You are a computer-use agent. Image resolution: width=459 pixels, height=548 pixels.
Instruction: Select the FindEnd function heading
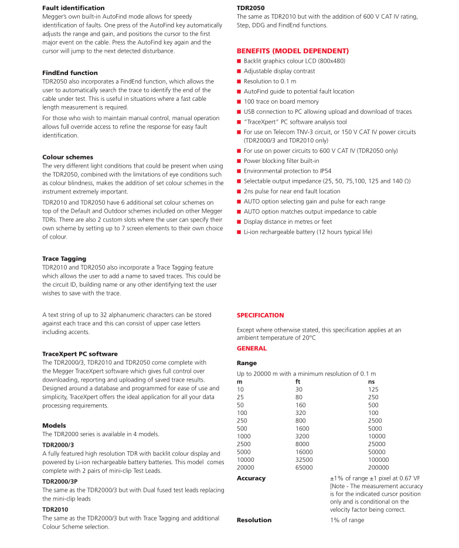[x=70, y=73]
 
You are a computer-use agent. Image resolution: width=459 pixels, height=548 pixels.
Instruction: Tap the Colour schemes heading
[x=67, y=157]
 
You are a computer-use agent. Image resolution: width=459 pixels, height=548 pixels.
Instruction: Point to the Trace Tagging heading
[x=64, y=258]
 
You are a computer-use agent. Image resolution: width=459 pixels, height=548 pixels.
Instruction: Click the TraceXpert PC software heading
[x=80, y=354]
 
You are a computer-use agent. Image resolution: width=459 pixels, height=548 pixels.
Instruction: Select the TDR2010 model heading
[x=55, y=510]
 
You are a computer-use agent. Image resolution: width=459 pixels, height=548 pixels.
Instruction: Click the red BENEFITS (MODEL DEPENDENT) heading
[x=293, y=51]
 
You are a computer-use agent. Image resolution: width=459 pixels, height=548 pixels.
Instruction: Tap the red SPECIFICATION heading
[x=260, y=315]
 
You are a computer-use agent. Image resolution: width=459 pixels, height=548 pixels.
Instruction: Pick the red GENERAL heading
[x=251, y=349]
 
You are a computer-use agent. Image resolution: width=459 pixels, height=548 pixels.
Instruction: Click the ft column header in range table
[x=298, y=382]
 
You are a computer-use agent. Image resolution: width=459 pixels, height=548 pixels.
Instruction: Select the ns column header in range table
[x=371, y=382]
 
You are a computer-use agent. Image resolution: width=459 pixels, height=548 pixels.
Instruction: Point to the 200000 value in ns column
[x=378, y=468]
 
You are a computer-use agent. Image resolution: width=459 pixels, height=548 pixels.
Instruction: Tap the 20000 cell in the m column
[x=246, y=468]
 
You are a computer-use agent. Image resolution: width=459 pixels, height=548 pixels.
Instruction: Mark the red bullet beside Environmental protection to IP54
[x=239, y=171]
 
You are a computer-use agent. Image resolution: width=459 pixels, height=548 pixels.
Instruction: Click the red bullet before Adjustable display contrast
[x=239, y=72]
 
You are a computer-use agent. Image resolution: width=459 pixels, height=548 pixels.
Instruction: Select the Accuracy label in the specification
[x=251, y=478]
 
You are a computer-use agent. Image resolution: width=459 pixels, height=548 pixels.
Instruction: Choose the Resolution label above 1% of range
[x=254, y=520]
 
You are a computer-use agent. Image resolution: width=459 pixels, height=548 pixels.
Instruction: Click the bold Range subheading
[x=246, y=363]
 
